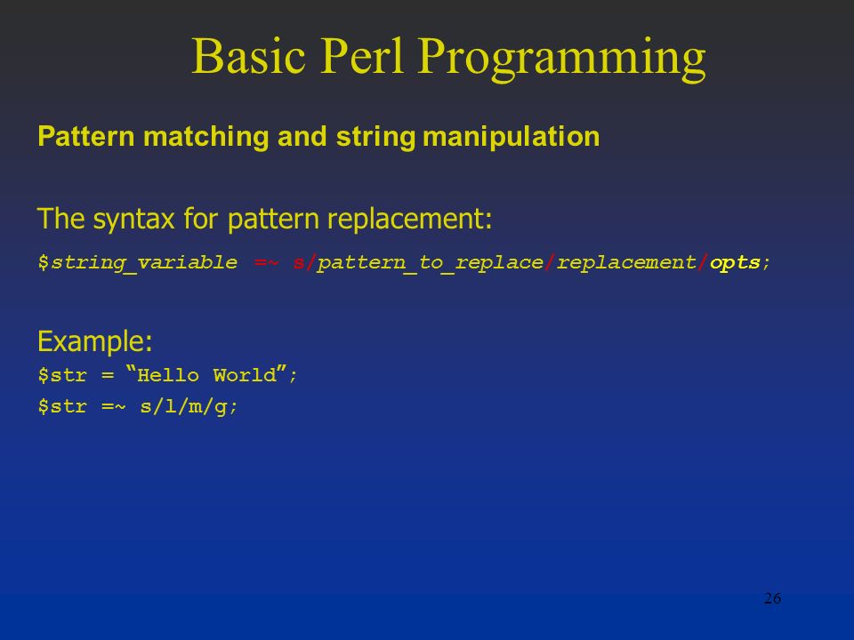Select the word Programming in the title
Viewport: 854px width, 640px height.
pos(562,60)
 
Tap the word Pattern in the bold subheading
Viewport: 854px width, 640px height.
pos(86,136)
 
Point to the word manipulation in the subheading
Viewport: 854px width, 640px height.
pos(511,137)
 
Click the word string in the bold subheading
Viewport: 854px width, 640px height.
pos(375,137)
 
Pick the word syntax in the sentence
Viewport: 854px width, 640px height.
pos(133,220)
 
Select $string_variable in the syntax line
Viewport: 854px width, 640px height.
pos(138,263)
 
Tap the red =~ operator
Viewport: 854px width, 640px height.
pos(266,263)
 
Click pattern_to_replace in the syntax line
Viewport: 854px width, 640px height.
pos(431,263)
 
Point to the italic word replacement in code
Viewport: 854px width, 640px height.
pos(626,263)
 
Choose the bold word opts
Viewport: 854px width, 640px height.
pos(736,263)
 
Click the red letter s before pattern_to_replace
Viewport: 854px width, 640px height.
pos(299,263)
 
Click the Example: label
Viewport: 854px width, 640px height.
pos(95,341)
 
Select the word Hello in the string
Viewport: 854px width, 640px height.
pos(168,375)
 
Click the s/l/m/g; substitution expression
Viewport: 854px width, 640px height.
pos(189,406)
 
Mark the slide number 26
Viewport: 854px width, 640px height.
pos(772,598)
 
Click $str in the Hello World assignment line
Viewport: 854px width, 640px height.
pos(62,375)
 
